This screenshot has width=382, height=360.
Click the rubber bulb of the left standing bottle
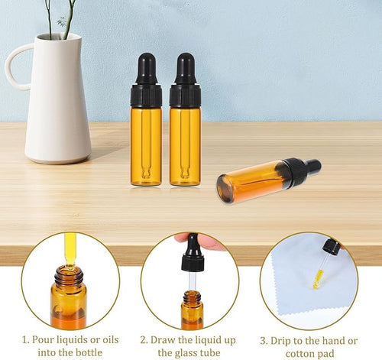146,69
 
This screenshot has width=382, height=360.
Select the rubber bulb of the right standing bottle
185,69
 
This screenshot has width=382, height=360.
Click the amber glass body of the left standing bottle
146,145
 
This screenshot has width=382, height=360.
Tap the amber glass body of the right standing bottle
185,145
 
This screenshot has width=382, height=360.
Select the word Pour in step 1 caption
45,340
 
